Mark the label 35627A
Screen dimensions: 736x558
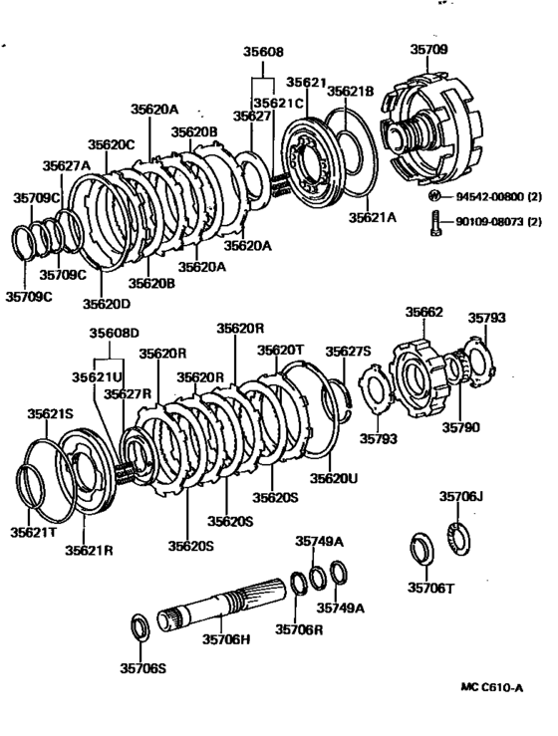click(66, 165)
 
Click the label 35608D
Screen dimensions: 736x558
click(117, 333)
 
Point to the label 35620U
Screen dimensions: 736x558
click(333, 478)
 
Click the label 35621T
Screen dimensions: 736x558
click(35, 534)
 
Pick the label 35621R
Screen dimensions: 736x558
click(90, 549)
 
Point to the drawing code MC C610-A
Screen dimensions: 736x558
click(492, 686)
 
